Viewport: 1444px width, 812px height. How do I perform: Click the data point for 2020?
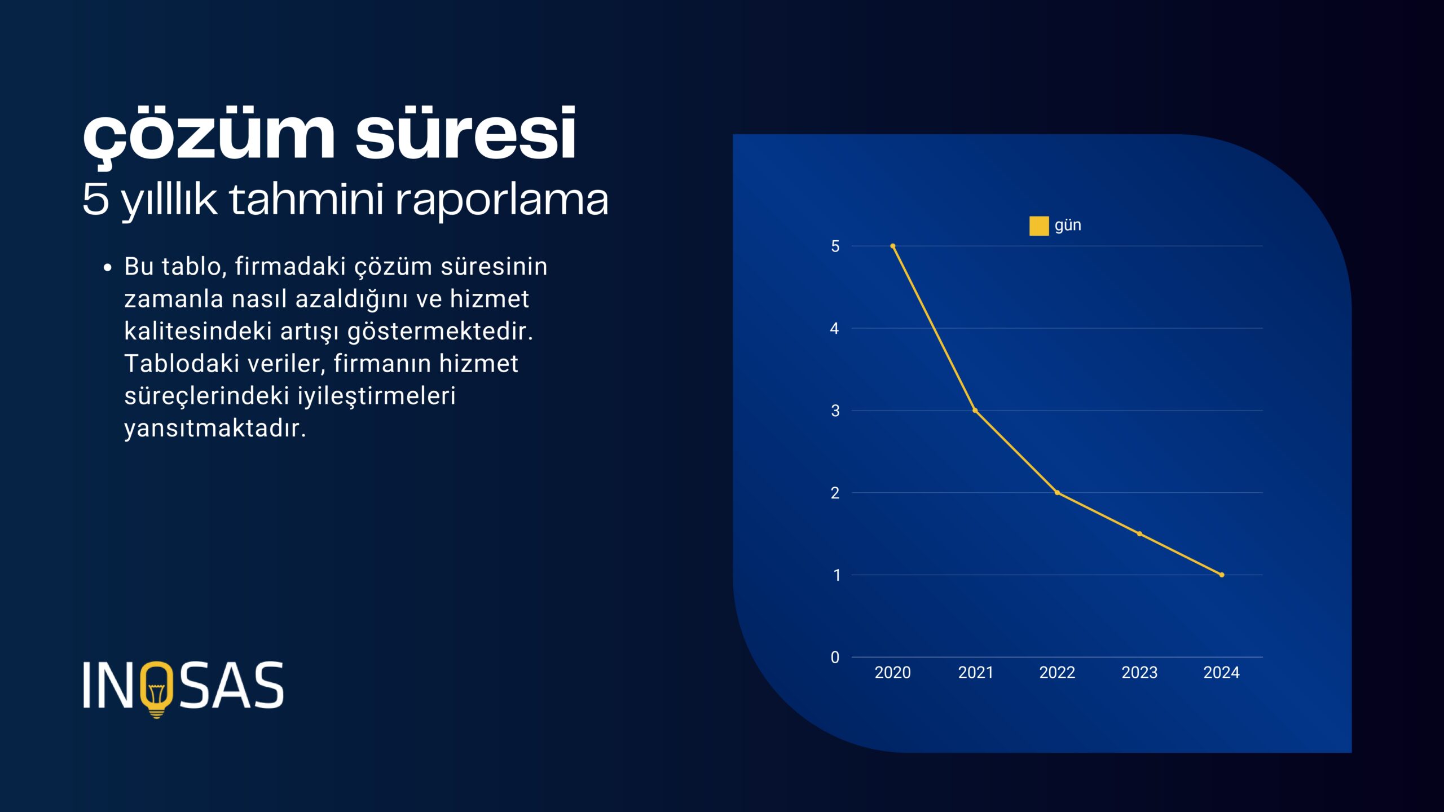(893, 246)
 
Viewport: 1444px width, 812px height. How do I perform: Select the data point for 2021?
(975, 411)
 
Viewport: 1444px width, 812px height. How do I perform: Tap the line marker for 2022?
(1057, 493)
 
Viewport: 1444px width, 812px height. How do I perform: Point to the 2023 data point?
(1139, 533)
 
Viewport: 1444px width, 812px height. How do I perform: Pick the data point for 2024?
(1222, 575)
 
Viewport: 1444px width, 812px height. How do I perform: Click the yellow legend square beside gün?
(1039, 226)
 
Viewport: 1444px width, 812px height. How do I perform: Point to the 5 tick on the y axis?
(835, 246)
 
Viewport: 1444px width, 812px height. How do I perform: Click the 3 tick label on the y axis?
(835, 411)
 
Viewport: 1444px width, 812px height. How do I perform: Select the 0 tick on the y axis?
(835, 657)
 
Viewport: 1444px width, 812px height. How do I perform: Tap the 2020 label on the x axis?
(893, 673)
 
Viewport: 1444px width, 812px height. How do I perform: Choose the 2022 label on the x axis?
(1057, 673)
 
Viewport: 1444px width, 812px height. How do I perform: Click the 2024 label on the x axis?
(1222, 673)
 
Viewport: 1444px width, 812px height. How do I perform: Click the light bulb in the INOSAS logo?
(157, 690)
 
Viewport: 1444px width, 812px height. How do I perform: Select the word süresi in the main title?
(466, 134)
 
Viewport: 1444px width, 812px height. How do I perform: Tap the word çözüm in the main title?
(209, 138)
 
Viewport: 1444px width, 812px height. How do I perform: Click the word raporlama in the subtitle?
(502, 201)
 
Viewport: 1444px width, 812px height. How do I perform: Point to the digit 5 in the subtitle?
(95, 199)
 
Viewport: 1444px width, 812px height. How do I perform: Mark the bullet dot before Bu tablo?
(108, 268)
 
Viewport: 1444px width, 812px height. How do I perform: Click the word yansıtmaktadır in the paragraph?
(215, 429)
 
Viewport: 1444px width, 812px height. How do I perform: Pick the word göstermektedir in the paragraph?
(440, 332)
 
